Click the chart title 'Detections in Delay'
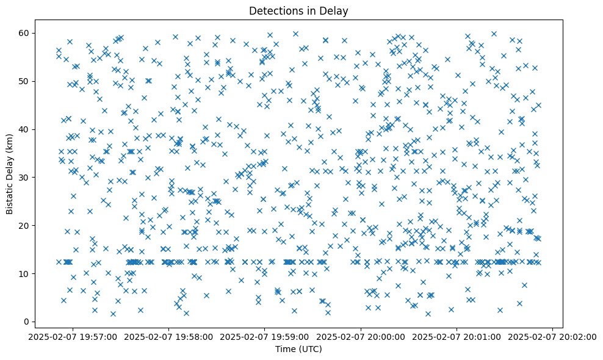(x=299, y=10)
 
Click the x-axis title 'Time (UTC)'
(x=299, y=349)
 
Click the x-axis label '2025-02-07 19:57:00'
(x=73, y=336)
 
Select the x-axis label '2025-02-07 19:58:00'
(x=169, y=336)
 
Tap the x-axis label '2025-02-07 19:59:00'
(x=265, y=336)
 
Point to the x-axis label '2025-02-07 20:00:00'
(x=361, y=336)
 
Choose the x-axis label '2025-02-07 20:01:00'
(x=457, y=336)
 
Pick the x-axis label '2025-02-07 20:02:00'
(x=553, y=336)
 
